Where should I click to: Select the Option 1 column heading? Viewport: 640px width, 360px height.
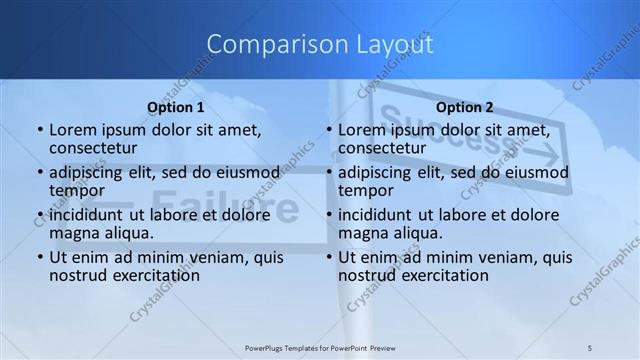(176, 106)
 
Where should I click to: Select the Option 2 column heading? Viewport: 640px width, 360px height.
(465, 106)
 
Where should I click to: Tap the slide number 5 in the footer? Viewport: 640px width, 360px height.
(591, 347)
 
